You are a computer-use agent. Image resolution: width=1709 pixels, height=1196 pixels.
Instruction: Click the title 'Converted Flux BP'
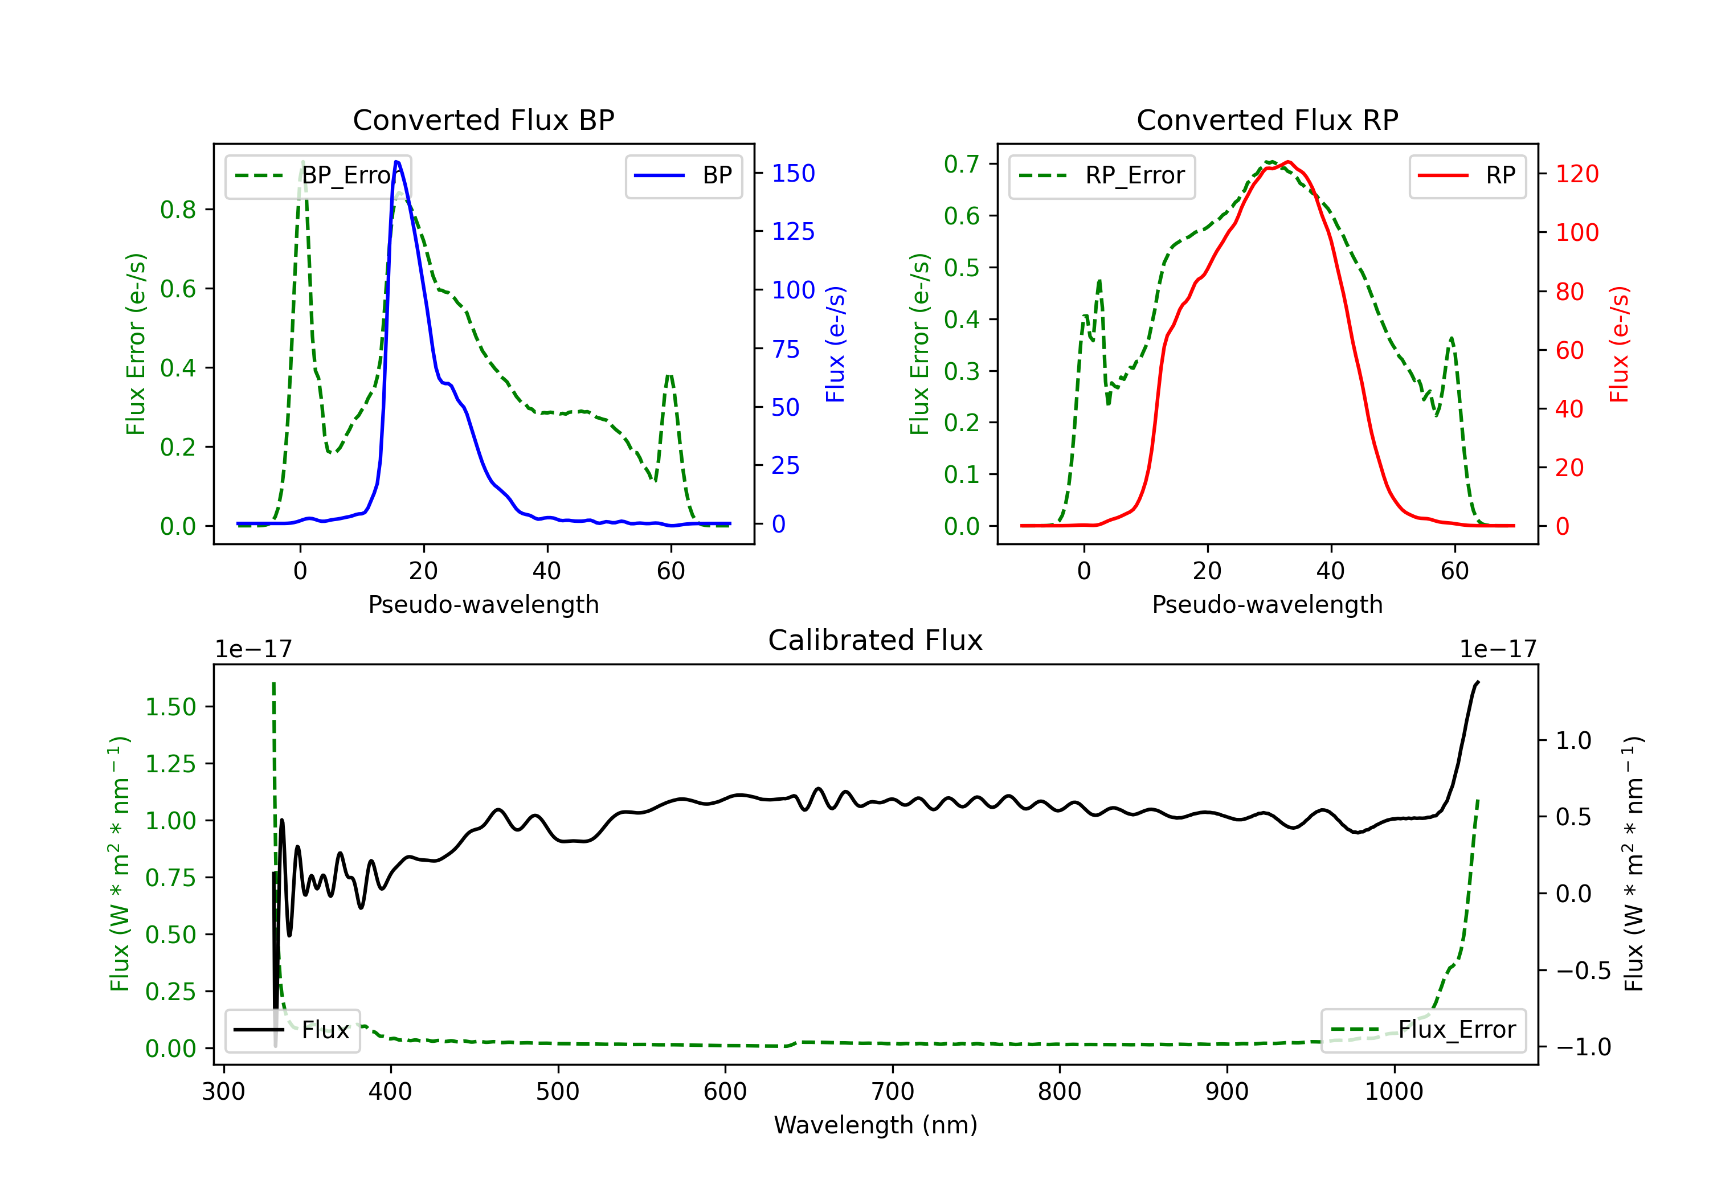coord(483,120)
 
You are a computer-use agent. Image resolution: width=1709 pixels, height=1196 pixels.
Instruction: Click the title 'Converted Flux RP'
coord(1267,120)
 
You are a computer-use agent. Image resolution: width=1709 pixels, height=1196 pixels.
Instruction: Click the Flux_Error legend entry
coord(1422,1030)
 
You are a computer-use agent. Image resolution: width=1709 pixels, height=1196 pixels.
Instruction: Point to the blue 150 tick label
coord(793,173)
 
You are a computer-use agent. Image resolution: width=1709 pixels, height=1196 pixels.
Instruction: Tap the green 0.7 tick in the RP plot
coord(961,163)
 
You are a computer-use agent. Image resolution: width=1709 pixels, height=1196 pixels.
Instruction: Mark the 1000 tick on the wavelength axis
coord(1393,1092)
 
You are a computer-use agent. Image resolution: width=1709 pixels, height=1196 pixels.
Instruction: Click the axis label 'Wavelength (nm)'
coord(876,1125)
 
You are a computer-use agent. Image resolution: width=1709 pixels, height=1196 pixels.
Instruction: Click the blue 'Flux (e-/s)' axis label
coord(835,344)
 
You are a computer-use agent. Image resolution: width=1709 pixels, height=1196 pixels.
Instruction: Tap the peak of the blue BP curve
coord(396,162)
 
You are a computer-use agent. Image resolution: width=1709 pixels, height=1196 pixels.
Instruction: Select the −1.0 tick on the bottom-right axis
coord(1583,1047)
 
